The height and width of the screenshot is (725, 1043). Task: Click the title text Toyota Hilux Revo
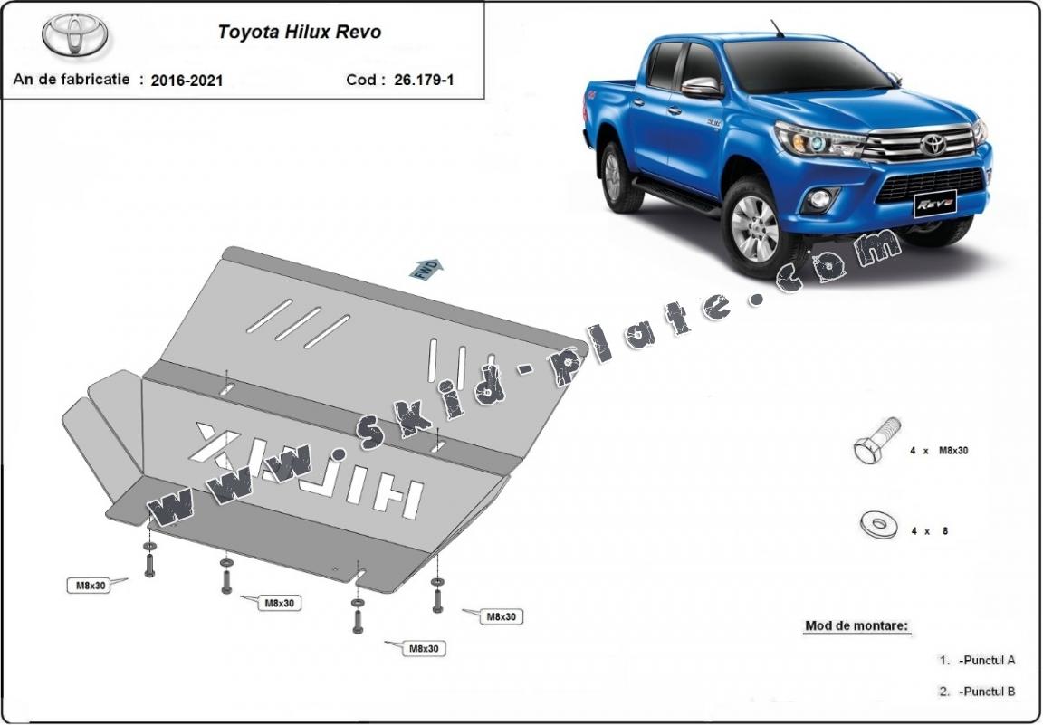point(300,32)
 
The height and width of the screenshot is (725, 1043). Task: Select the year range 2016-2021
point(187,81)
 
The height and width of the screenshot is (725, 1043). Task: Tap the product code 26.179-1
point(424,80)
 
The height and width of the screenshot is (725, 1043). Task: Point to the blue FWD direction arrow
point(426,268)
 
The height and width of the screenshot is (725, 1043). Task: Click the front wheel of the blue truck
point(757,227)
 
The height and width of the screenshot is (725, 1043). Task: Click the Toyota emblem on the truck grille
point(933,144)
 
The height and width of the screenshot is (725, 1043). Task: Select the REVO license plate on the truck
point(935,203)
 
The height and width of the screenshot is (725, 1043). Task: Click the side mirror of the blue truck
point(702,88)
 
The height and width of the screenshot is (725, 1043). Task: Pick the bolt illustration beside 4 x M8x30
point(876,440)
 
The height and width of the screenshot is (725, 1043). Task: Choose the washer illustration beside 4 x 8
point(878,525)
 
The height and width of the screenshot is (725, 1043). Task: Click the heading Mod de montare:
point(856,625)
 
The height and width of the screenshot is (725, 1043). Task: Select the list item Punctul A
point(987,661)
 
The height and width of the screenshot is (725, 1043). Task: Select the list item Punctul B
point(987,692)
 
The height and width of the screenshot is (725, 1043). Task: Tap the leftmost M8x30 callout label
point(89,586)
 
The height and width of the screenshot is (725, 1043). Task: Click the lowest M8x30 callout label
point(423,648)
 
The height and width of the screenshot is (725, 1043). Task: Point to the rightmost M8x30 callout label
point(501,616)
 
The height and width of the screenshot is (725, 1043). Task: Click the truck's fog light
point(819,198)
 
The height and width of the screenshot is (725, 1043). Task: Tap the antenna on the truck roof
point(777,28)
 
